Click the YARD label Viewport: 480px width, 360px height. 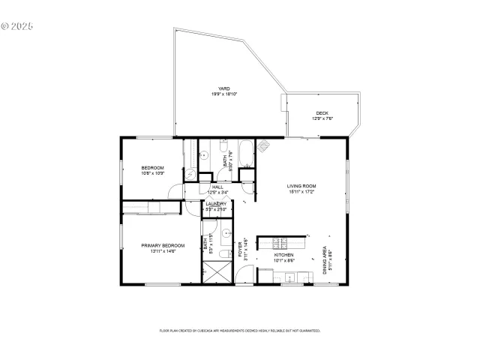point(224,88)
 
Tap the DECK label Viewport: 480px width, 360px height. point(322,113)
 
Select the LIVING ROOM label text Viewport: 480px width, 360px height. point(301,185)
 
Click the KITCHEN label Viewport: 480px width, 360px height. point(283,255)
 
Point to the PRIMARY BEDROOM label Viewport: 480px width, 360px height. point(159,245)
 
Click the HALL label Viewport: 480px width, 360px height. point(217,187)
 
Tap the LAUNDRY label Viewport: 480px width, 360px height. point(217,203)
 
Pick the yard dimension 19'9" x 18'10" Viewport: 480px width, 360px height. point(224,94)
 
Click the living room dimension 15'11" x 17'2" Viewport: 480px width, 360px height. point(301,191)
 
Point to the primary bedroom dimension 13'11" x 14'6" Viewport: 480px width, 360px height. point(159,251)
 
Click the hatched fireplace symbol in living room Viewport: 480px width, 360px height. point(263,147)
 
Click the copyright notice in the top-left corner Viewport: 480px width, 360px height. point(18,25)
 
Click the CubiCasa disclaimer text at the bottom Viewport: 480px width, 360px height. point(240,330)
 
